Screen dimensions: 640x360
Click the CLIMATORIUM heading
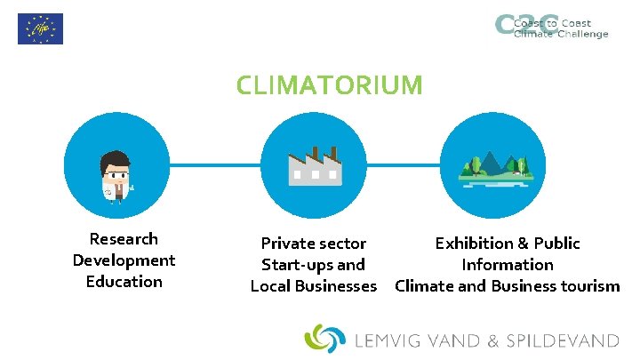coord(329,85)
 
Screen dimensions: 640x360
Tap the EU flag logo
coord(40,28)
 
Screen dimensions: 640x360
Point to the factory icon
coord(314,166)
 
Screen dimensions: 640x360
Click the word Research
coord(124,239)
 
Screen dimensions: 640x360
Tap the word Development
coord(124,260)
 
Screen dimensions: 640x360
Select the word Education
coord(124,282)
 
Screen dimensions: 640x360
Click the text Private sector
coord(313,244)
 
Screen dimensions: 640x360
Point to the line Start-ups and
coord(313,265)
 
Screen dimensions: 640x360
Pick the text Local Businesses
coord(313,286)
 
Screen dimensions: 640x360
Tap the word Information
coord(507,265)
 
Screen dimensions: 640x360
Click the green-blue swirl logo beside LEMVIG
coord(324,339)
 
